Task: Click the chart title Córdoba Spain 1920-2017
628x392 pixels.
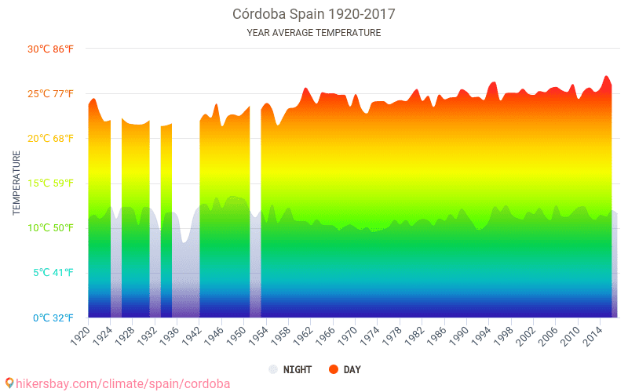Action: click(x=313, y=14)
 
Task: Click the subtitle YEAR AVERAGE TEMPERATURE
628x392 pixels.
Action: click(x=313, y=33)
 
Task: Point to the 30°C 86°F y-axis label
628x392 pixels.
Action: click(x=51, y=49)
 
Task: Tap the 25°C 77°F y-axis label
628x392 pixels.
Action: click(x=51, y=93)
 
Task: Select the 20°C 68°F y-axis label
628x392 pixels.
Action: click(x=51, y=139)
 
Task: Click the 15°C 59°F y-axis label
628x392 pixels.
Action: click(x=51, y=183)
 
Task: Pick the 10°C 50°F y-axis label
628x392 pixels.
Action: click(x=51, y=228)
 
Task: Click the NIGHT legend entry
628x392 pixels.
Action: click(x=290, y=369)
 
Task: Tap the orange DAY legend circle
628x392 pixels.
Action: click(x=334, y=369)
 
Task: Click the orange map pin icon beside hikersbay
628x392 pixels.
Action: click(x=9, y=383)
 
